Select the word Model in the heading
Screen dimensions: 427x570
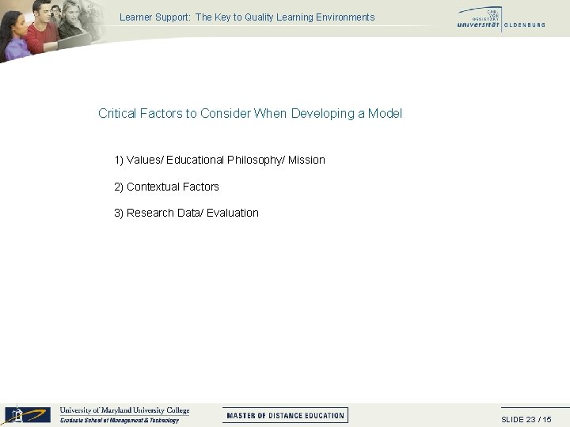pyautogui.click(x=385, y=114)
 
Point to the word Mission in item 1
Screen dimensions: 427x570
pyautogui.click(x=306, y=161)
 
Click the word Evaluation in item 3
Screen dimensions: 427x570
pyautogui.click(x=233, y=213)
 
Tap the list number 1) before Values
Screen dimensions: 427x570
pyautogui.click(x=120, y=161)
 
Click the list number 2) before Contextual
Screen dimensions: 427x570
pyautogui.click(x=120, y=187)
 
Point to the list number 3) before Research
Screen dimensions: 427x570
pyautogui.click(x=120, y=213)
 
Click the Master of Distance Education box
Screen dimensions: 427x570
pyautogui.click(x=285, y=415)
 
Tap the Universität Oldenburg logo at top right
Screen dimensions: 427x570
pyautogui.click(x=500, y=20)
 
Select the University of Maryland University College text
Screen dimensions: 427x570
pyautogui.click(x=125, y=410)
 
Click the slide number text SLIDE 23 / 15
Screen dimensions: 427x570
pyautogui.click(x=526, y=419)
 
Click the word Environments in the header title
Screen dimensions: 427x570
pyautogui.click(x=347, y=17)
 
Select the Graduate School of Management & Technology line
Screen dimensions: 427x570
pyautogui.click(x=120, y=421)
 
